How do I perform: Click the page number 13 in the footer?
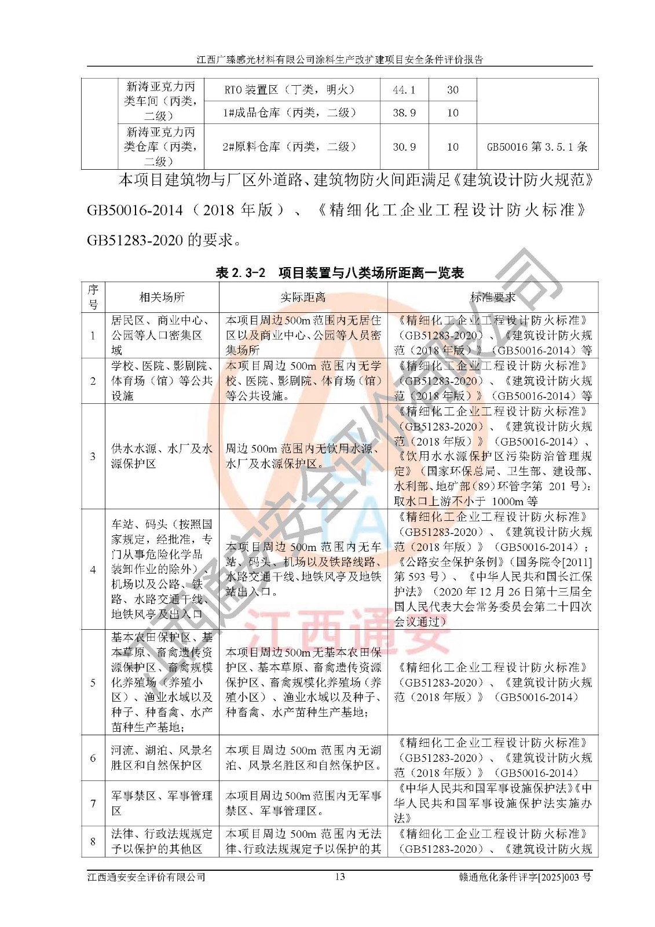pyautogui.click(x=340, y=877)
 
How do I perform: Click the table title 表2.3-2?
pyautogui.click(x=240, y=273)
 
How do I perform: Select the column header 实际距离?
pyautogui.click(x=303, y=297)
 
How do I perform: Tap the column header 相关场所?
pyautogui.click(x=162, y=297)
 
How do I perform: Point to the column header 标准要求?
pyautogui.click(x=492, y=297)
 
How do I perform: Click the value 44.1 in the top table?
pyautogui.click(x=404, y=90)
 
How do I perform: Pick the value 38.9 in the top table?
pyautogui.click(x=404, y=113)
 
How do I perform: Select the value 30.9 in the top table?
pyautogui.click(x=404, y=147)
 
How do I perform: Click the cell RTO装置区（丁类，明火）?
pyautogui.click(x=289, y=90)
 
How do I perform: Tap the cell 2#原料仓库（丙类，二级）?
pyautogui.click(x=289, y=147)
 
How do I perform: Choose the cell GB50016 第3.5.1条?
pyautogui.click(x=537, y=147)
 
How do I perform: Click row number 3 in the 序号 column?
pyautogui.click(x=93, y=457)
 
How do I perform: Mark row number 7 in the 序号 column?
pyautogui.click(x=93, y=804)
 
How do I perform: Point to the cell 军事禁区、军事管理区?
pyautogui.click(x=162, y=804)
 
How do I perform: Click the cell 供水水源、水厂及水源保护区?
pyautogui.click(x=162, y=457)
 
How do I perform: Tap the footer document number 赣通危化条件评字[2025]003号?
pyautogui.click(x=524, y=877)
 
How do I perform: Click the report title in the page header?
pyautogui.click(x=339, y=59)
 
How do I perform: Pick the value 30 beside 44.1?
pyautogui.click(x=452, y=90)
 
